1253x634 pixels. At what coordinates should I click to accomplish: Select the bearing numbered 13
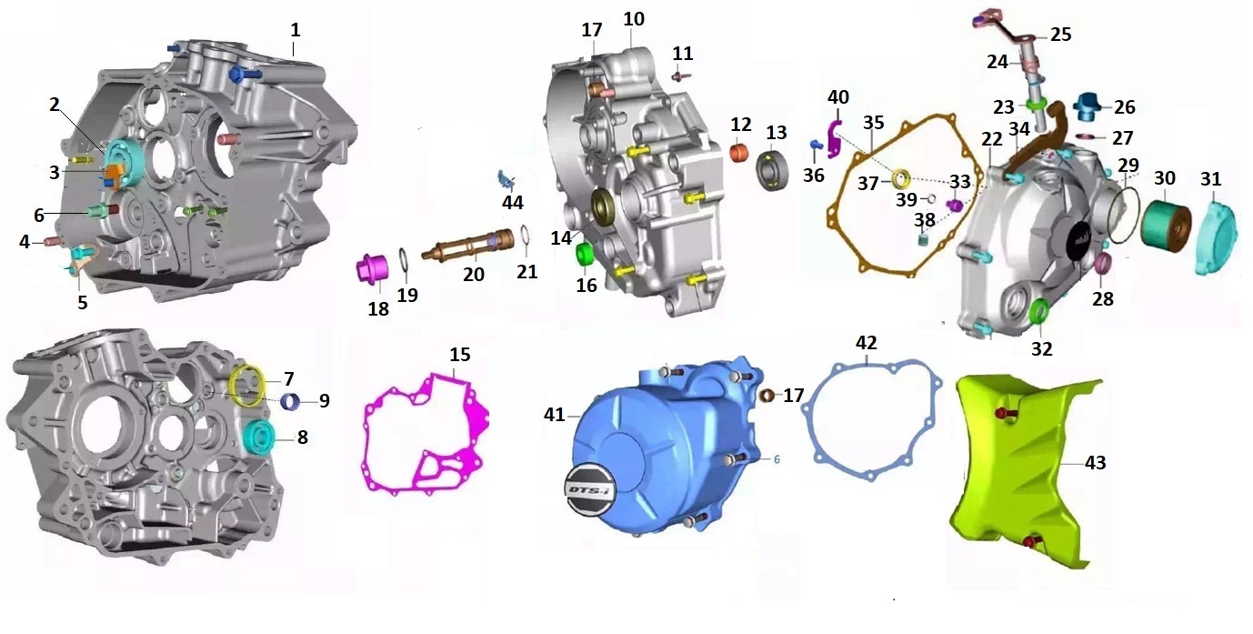(x=774, y=171)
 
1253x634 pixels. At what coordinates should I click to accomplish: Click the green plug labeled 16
(x=585, y=254)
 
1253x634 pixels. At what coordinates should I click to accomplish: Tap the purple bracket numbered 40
(x=835, y=136)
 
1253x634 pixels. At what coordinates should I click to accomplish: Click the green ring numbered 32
(x=1041, y=313)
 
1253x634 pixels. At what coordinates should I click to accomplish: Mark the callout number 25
(x=1061, y=35)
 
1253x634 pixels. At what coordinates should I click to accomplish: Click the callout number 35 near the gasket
(x=873, y=122)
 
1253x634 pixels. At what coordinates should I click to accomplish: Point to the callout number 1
(x=295, y=29)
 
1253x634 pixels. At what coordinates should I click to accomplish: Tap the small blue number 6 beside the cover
(x=777, y=459)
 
